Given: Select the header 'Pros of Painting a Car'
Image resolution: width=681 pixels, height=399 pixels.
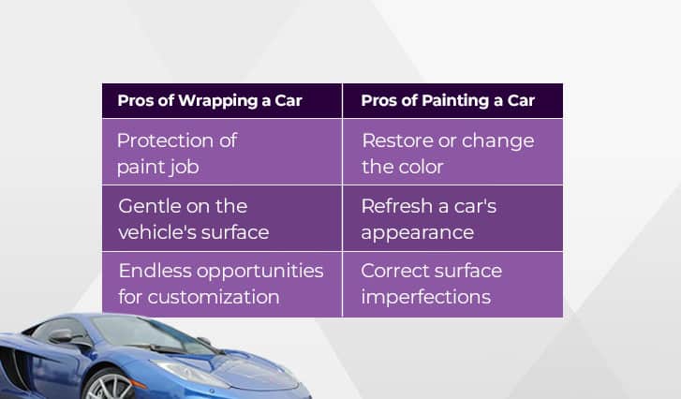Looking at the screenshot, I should tap(448, 101).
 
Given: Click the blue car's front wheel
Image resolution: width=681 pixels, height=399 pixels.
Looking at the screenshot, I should tap(110, 386).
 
